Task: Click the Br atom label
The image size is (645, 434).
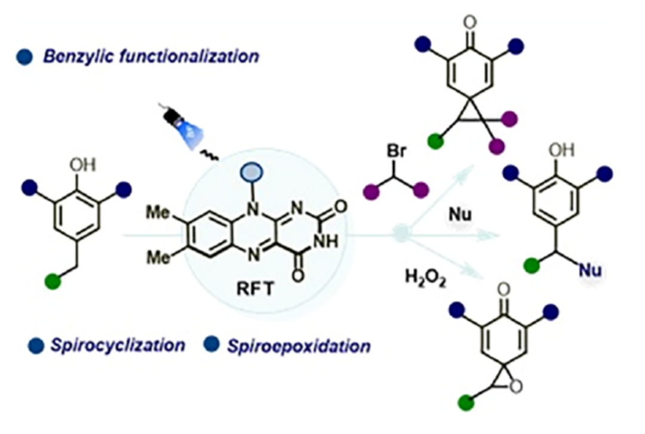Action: (x=396, y=152)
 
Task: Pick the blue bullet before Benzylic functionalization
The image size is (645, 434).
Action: (x=25, y=57)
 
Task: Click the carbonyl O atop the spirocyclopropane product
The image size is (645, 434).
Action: (x=470, y=24)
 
